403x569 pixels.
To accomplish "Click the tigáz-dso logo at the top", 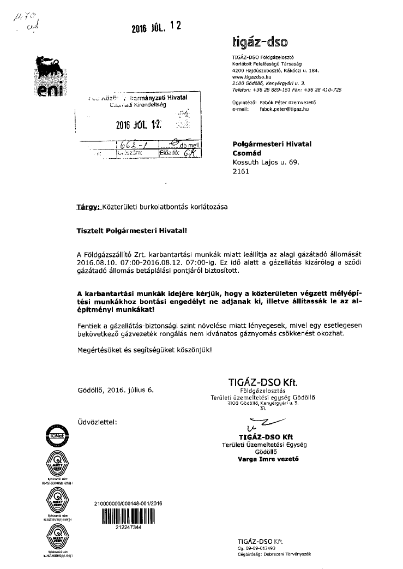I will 260,41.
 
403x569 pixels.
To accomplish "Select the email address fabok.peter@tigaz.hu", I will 284,109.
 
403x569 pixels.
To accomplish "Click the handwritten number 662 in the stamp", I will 131,145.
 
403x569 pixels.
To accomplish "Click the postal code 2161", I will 240,171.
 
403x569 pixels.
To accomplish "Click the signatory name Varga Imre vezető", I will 265,459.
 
